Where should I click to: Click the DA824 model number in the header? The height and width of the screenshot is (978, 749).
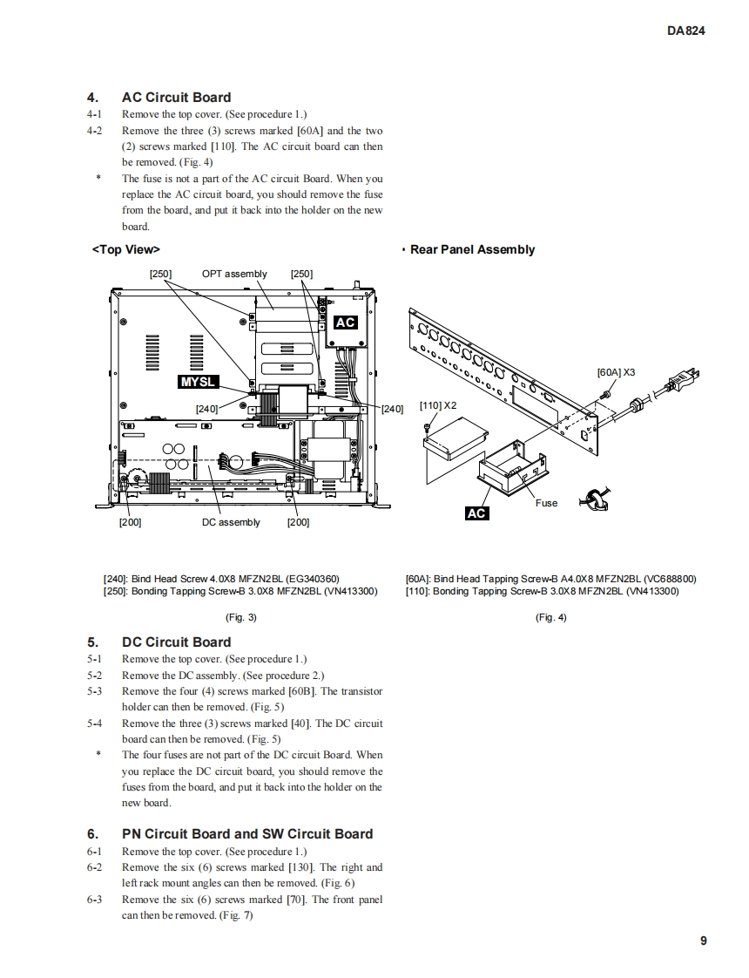[685, 30]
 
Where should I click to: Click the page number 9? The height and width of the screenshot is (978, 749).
[703, 941]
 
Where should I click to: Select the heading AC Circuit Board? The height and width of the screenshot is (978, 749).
[176, 98]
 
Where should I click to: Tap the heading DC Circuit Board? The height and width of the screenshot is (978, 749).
[176, 642]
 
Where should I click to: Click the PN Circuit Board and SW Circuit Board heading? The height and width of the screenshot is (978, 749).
[246, 834]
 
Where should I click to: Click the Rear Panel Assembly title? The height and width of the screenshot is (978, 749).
[472, 250]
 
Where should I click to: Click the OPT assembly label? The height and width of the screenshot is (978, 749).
[234, 274]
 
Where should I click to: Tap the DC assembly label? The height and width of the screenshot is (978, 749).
[231, 522]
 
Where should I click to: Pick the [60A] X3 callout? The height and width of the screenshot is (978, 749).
[616, 372]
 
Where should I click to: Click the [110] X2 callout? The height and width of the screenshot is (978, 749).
[437, 405]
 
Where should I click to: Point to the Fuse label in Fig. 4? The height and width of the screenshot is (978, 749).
[546, 503]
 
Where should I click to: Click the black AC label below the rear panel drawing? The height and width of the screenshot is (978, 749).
[476, 513]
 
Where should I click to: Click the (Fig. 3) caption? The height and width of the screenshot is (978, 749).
[240, 617]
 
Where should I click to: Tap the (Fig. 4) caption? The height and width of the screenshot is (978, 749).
[550, 617]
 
